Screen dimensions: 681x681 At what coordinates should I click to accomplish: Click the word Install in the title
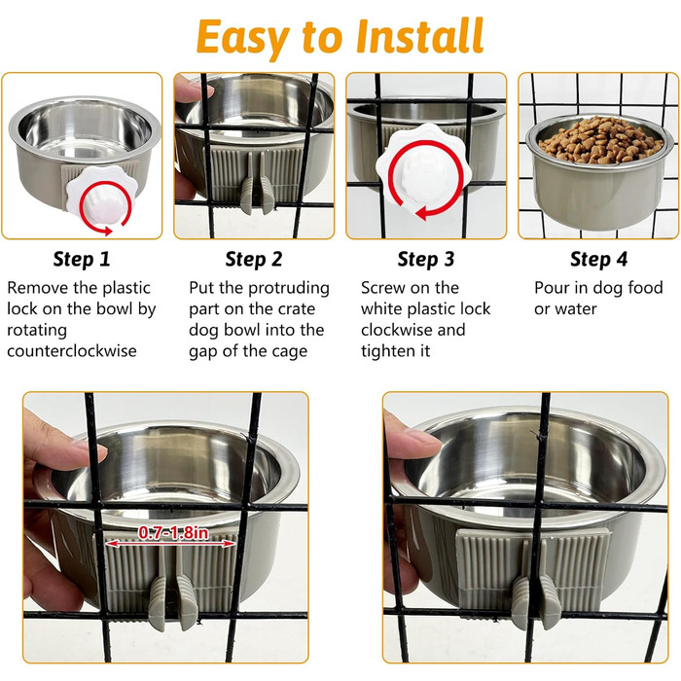[x=419, y=36]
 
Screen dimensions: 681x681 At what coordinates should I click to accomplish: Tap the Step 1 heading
[x=82, y=259]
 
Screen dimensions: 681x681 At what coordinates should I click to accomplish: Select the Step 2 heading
[x=254, y=259]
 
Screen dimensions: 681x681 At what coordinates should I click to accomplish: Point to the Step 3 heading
[x=426, y=259]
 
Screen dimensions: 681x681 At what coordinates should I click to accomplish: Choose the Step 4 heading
[x=598, y=259]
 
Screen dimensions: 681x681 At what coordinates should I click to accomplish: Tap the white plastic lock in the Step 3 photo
[x=423, y=167]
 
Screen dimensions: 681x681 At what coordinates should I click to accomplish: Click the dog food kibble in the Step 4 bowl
[x=599, y=140]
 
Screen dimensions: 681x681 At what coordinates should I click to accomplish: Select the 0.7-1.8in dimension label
[x=173, y=532]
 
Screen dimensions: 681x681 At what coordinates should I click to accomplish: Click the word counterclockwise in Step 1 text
[x=72, y=350]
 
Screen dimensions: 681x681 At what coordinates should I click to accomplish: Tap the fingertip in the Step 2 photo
[x=195, y=90]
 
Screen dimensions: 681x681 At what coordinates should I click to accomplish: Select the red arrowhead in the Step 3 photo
[x=423, y=213]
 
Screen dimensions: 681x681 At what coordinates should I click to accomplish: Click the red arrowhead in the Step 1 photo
[x=105, y=231]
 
